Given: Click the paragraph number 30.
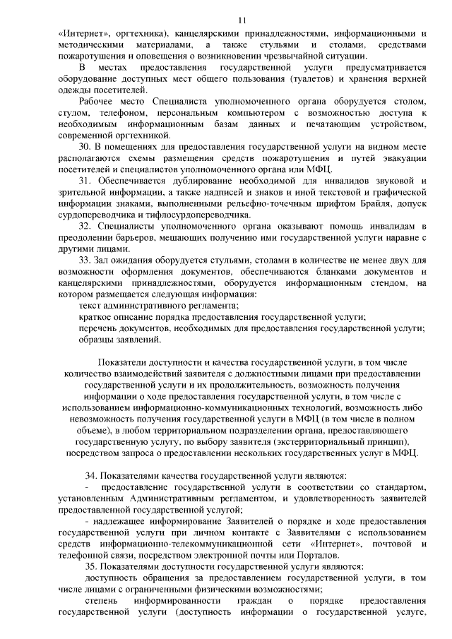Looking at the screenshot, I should click(x=85, y=147).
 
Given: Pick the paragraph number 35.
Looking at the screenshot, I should click(x=91, y=567).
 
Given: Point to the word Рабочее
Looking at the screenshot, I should click(x=98, y=102).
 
